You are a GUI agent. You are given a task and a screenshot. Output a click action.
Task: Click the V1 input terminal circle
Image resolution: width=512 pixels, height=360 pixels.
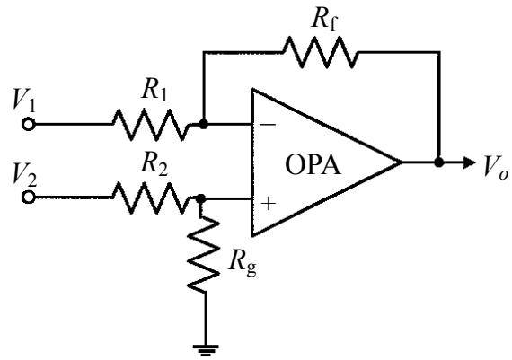point(29,125)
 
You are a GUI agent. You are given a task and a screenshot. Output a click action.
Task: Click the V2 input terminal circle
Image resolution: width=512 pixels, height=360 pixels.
point(29,198)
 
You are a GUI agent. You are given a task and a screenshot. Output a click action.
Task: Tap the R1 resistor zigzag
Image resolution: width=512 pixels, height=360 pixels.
point(151,125)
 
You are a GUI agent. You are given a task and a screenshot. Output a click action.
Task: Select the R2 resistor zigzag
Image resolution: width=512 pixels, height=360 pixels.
point(151,198)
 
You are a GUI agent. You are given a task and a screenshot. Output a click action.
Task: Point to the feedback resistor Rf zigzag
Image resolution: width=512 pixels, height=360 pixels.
point(321,52)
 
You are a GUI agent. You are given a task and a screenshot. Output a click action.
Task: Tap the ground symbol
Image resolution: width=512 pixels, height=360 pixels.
point(206,350)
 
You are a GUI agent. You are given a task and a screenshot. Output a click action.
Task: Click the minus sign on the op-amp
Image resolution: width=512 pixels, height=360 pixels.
point(268,125)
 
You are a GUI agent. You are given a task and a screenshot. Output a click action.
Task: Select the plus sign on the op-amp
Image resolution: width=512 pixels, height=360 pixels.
point(269,203)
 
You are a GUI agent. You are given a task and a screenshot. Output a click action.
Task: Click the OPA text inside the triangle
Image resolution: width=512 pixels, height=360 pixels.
point(313,165)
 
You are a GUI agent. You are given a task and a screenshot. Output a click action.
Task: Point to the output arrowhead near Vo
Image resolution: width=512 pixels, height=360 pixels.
point(469,162)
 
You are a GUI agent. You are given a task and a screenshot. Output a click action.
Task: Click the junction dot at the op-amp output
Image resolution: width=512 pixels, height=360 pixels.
point(439,162)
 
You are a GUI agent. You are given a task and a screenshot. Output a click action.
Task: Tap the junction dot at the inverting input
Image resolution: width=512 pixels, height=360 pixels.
point(203,125)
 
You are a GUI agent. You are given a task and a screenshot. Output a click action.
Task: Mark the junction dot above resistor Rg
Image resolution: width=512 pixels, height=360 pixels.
point(200,198)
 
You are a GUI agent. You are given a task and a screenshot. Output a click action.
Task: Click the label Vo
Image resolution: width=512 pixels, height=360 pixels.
point(496,167)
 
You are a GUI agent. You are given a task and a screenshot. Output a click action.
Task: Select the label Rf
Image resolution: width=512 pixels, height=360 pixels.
point(324,21)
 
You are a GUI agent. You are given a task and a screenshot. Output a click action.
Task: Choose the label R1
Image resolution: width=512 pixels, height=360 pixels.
point(154,91)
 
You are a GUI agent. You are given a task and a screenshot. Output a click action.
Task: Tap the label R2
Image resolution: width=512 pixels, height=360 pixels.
point(154,164)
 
